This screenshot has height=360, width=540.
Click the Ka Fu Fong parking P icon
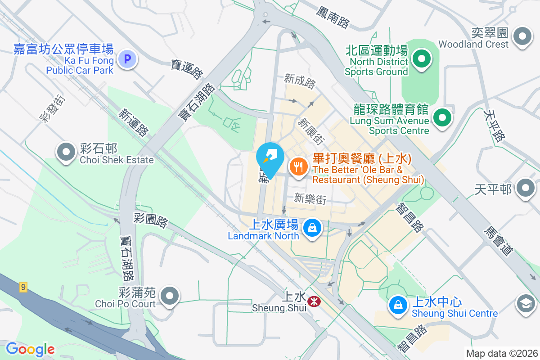point(127,59)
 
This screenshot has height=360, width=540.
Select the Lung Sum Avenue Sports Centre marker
point(442,118)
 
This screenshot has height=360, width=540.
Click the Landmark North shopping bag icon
point(311,228)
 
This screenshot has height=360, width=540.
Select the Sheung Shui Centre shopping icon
point(398,305)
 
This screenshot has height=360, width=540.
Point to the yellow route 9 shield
point(23,287)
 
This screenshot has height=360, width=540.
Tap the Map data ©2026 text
point(502,354)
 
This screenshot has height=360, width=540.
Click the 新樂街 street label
point(310,198)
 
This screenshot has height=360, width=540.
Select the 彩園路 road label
point(151,220)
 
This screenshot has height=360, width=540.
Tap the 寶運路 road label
point(188,69)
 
